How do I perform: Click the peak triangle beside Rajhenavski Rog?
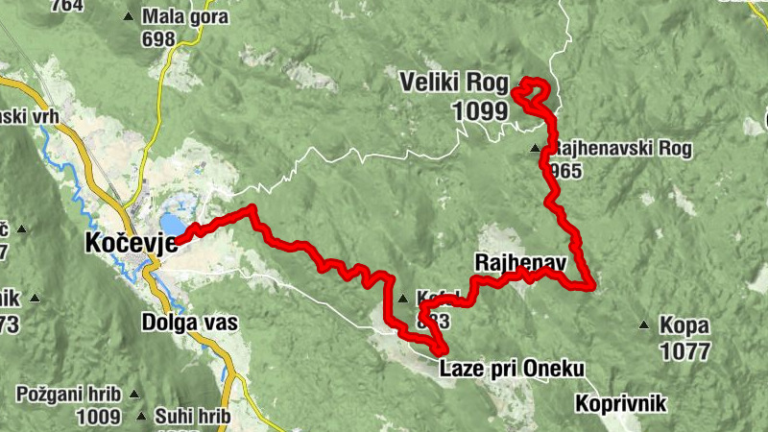(x=536, y=149)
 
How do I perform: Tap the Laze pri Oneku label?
(x=512, y=368)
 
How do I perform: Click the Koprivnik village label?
(x=620, y=403)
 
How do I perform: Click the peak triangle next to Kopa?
(x=644, y=324)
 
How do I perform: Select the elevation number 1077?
(x=684, y=351)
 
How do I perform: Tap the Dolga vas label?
(x=188, y=322)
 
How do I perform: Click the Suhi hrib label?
(x=190, y=417)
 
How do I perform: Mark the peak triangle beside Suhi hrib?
(x=141, y=417)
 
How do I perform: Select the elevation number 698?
(x=157, y=39)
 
